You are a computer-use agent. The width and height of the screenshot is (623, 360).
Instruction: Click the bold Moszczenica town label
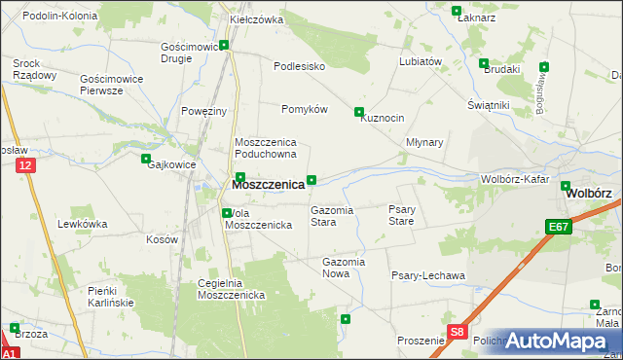[268, 184]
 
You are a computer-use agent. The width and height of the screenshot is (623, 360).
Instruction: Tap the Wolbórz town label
[590, 193]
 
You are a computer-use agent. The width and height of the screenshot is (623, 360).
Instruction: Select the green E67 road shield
[557, 227]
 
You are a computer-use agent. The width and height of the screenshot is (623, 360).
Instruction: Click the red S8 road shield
[458, 333]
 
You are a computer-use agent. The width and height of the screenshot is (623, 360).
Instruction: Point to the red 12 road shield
[26, 166]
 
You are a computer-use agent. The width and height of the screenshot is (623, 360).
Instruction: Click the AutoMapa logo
[558, 341]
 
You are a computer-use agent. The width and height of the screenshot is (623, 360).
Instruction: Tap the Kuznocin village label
[382, 118]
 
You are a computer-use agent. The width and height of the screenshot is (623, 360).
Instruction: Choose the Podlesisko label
[298, 66]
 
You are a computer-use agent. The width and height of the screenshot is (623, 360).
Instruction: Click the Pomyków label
[304, 109]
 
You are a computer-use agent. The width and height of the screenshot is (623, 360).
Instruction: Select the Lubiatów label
[421, 60]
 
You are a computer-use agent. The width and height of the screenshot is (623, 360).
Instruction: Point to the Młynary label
[424, 142]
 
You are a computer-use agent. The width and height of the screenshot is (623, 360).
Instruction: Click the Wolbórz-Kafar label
[516, 179]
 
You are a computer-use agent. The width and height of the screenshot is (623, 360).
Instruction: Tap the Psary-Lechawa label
[428, 275]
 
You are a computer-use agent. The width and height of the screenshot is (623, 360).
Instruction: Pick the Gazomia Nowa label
[343, 268]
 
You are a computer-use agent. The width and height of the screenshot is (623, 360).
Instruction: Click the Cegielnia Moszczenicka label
[232, 289]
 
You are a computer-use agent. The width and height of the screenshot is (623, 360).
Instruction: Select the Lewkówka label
[82, 224]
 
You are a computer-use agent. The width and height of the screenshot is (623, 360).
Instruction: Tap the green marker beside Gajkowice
[146, 159]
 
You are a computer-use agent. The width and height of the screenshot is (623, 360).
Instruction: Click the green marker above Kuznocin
[359, 111]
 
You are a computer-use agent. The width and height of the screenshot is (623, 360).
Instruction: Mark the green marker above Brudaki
[484, 63]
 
